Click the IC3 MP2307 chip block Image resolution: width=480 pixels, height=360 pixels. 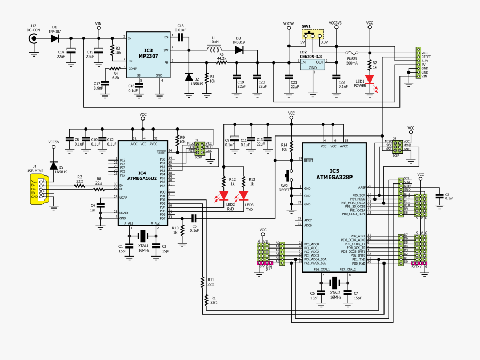145,56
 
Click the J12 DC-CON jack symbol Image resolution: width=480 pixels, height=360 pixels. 34,38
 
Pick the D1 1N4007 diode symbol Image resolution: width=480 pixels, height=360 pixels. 54,38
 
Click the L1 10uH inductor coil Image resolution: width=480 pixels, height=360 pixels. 214,50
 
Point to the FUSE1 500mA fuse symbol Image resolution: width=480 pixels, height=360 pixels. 352,53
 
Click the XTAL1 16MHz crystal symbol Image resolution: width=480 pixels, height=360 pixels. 143,236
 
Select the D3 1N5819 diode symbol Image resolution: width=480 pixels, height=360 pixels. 238,50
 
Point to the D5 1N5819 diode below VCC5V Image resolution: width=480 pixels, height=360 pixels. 53,166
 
